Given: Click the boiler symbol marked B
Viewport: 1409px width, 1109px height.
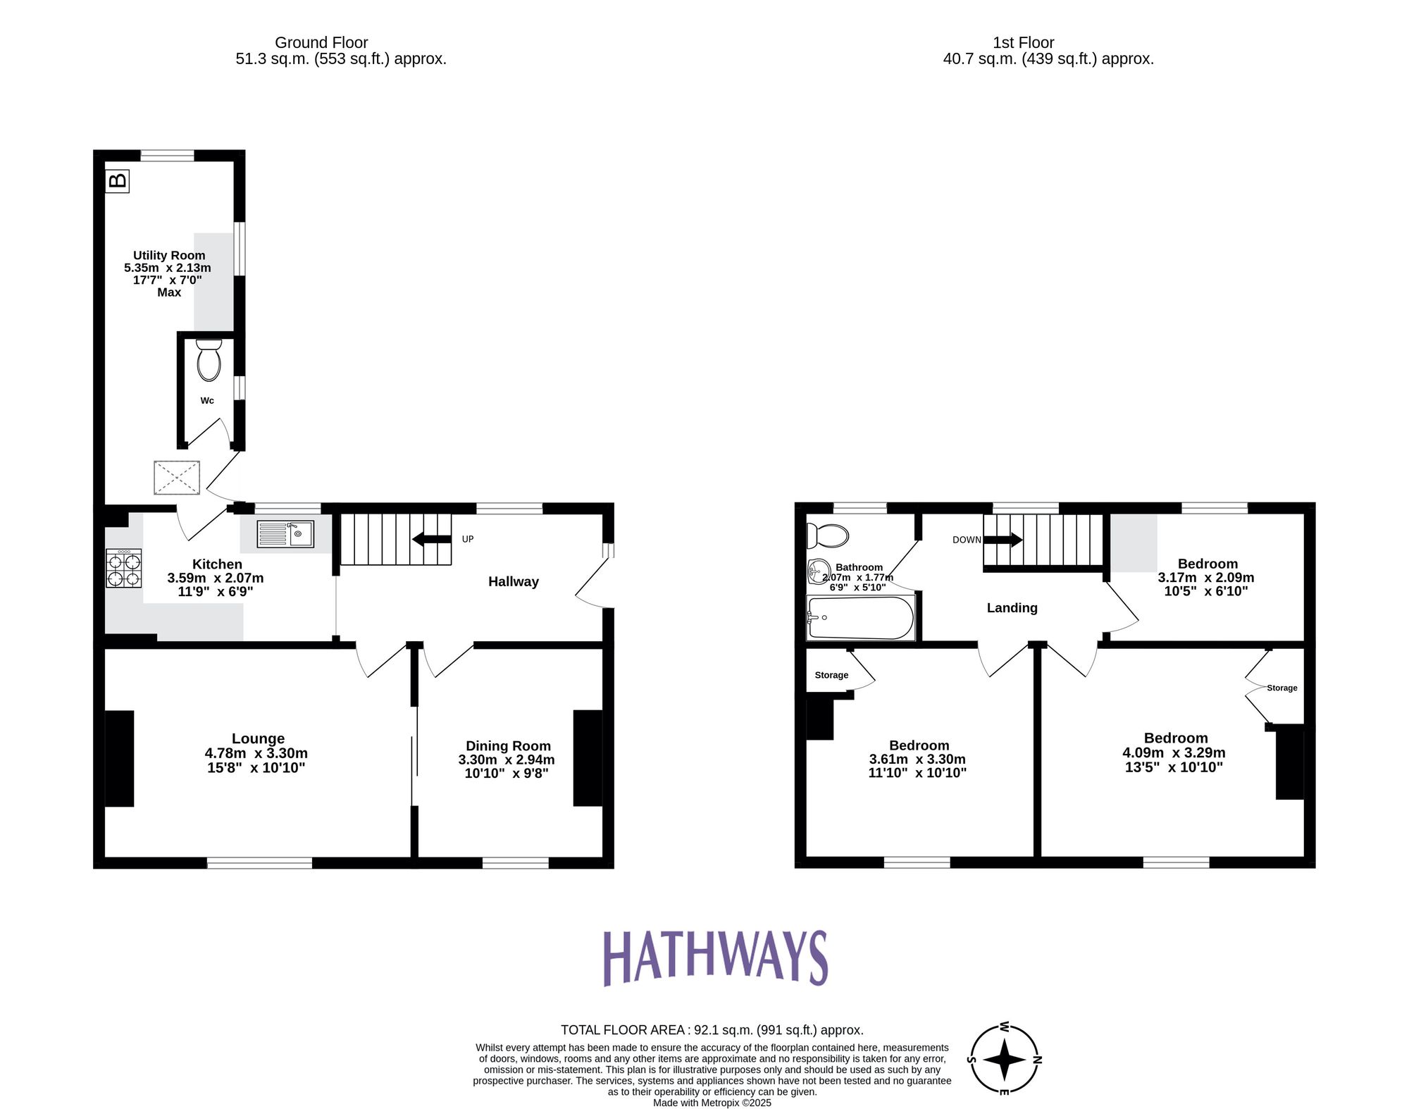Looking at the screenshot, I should (118, 181).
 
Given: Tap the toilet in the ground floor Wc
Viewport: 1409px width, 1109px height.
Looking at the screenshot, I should (209, 360).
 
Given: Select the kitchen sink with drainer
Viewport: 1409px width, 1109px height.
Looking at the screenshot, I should (285, 533).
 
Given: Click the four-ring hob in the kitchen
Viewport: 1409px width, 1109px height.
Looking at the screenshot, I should (124, 569).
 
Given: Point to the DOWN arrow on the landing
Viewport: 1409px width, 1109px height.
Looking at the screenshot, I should (1003, 540).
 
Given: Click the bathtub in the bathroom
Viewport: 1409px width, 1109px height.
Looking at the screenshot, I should (860, 618).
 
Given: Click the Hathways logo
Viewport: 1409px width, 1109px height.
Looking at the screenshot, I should (715, 958).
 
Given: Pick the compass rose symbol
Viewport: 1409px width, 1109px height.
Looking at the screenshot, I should (1005, 1059).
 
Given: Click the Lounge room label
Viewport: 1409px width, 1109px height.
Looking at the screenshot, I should (258, 738).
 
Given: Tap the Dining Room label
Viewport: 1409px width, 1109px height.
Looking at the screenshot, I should (508, 745).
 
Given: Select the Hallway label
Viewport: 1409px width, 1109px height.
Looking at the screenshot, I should (513, 581).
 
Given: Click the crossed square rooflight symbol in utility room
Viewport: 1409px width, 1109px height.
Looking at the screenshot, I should (177, 478).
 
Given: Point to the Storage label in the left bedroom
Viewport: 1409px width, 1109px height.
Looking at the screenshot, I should (831, 675).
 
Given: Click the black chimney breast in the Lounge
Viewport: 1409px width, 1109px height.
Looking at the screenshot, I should (120, 758).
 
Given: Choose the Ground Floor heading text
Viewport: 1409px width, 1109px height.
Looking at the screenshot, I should (321, 42).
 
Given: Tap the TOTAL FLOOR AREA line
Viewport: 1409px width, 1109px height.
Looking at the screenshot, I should (712, 1030).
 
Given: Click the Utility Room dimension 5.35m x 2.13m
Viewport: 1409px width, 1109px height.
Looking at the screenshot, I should (168, 268).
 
